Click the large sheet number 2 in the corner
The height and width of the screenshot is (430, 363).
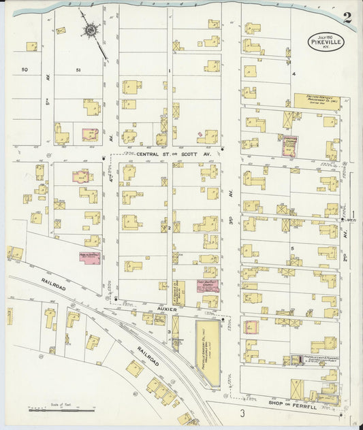pos(347,18)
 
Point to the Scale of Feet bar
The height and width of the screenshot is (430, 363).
pos(61,410)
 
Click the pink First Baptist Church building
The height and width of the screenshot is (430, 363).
pos(207,284)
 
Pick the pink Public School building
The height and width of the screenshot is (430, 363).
pos(90,257)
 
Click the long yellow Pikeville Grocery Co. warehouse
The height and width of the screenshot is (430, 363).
pos(207,352)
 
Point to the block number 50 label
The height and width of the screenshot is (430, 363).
pos(25,69)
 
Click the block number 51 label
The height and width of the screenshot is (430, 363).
pos(78,69)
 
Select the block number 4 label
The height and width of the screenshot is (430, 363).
pos(294,73)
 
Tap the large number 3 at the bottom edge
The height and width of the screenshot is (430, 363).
pos(241,413)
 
